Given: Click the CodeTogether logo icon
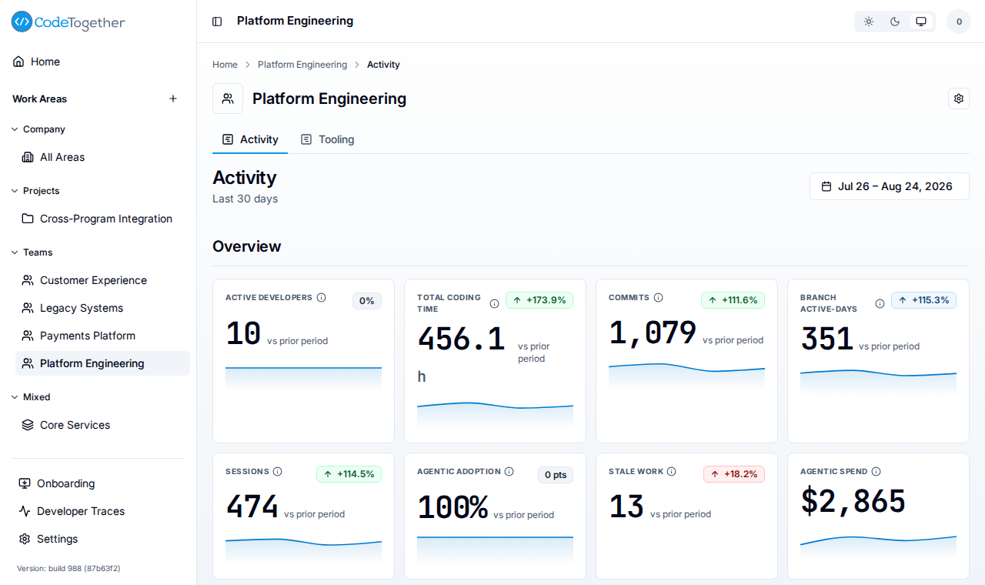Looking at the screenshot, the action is pyautogui.click(x=22, y=22).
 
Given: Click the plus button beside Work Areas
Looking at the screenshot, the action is pyautogui.click(x=173, y=99).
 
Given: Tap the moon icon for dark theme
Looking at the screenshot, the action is pyautogui.click(x=894, y=22).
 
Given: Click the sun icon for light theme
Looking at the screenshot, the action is pyautogui.click(x=869, y=22).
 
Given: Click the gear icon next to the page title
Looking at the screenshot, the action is pyautogui.click(x=959, y=99).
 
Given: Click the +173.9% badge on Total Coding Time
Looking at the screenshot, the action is pyautogui.click(x=539, y=300).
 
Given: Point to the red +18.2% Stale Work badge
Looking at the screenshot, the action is pyautogui.click(x=734, y=474).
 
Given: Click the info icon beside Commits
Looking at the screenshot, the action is pyautogui.click(x=658, y=298).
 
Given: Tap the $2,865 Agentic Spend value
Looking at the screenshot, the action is pyautogui.click(x=853, y=501).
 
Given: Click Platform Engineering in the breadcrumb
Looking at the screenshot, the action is pyautogui.click(x=302, y=65).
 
